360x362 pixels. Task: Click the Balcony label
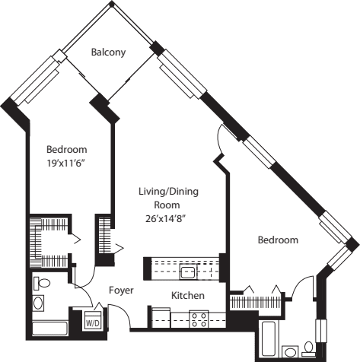coord(108,52)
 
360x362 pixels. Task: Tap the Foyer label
coord(121,291)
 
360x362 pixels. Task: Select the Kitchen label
coord(188,296)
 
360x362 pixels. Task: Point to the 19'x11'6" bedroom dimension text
coord(65,164)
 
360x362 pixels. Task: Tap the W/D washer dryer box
coord(93,320)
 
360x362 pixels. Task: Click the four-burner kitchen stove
coord(199,319)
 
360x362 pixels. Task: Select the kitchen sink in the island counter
coord(188,271)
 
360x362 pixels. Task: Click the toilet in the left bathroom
coord(42,283)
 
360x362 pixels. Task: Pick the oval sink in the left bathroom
coord(38,303)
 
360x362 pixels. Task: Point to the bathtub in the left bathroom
coord(49,329)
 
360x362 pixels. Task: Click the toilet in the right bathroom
coord(308,349)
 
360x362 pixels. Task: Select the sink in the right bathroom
coord(291,351)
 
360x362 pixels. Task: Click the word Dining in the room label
coord(184,192)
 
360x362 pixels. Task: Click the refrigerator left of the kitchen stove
coord(161,318)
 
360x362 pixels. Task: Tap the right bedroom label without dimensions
coord(278,240)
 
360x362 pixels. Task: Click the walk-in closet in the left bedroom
coord(49,241)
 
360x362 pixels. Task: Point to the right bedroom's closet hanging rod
coord(256,302)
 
